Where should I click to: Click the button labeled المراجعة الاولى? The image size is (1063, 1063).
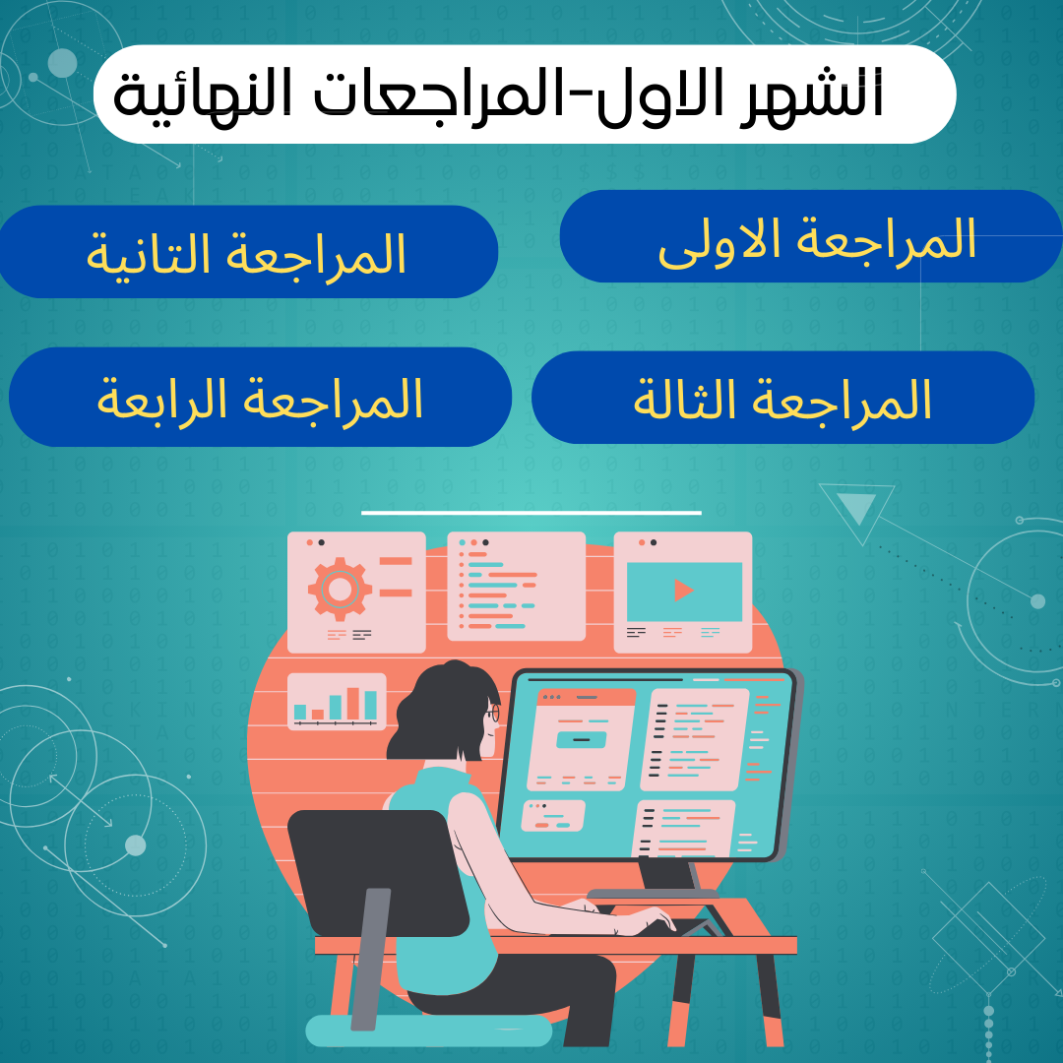click(x=811, y=236)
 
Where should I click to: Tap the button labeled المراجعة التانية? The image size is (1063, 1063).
click(x=248, y=252)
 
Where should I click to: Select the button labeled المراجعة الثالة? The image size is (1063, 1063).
click(x=783, y=398)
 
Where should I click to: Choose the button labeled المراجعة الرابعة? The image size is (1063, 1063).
click(x=260, y=397)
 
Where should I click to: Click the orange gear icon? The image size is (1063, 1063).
click(x=340, y=590)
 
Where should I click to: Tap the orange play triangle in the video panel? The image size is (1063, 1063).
click(x=683, y=591)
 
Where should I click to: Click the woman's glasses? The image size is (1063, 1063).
click(x=493, y=714)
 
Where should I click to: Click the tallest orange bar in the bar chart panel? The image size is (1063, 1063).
click(x=352, y=703)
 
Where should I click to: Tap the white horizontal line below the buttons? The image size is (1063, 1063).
click(x=531, y=513)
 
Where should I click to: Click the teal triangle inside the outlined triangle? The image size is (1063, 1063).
click(x=857, y=508)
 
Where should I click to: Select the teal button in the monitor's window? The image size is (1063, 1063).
click(x=581, y=739)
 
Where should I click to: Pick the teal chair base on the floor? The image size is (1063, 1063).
click(x=428, y=1031)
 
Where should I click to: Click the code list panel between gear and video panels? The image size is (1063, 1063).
click(x=516, y=586)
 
